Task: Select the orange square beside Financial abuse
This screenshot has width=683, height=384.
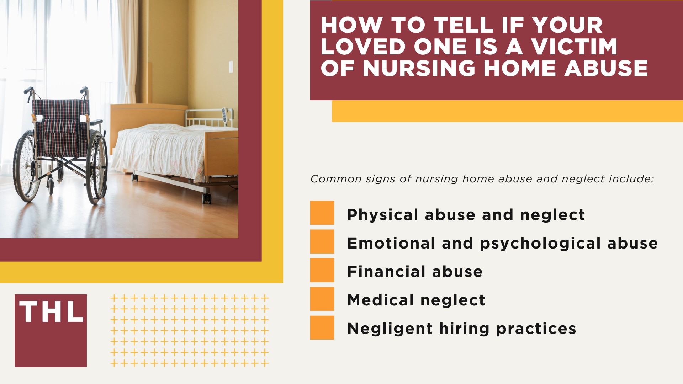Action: pos(322,270)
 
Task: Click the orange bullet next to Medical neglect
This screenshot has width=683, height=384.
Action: pos(322,299)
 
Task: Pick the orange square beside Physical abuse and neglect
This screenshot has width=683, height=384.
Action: pos(322,213)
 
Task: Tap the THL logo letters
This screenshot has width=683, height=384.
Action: pos(51,312)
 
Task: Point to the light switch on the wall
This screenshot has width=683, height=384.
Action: pos(231,66)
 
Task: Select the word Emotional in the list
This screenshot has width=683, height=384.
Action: pos(391,244)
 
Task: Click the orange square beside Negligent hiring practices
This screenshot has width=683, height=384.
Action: pos(322,327)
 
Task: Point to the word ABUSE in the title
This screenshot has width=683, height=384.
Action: pos(606,68)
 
